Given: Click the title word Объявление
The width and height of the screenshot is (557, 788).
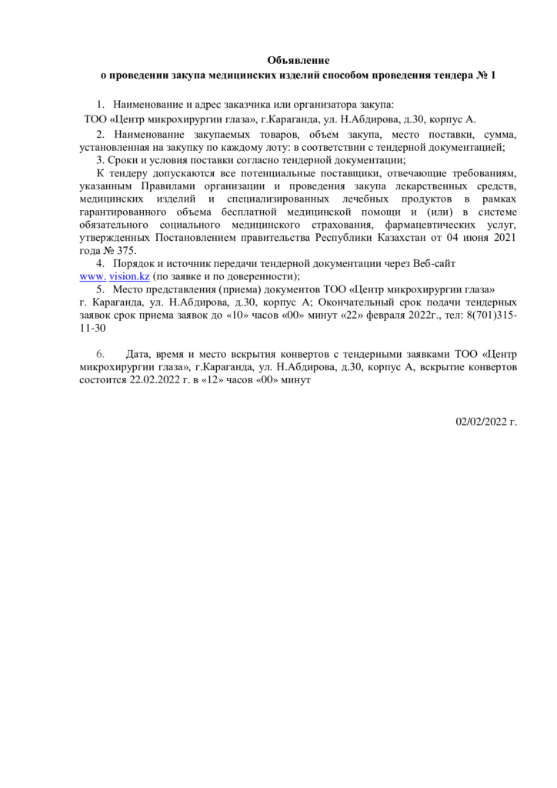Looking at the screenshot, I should [298, 60].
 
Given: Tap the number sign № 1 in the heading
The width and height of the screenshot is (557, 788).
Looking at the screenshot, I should [488, 75].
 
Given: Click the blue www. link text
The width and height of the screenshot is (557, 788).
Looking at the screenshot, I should [93, 276].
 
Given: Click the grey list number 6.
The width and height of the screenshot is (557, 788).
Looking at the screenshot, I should [99, 354].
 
